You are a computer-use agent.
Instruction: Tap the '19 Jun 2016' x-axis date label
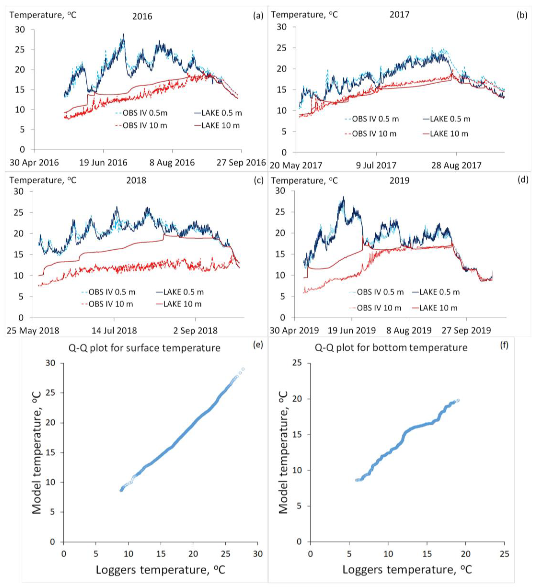(103, 162)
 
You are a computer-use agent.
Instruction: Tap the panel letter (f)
(504, 345)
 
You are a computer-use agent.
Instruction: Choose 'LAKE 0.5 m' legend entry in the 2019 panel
(439, 292)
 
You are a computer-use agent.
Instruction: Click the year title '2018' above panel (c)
(136, 181)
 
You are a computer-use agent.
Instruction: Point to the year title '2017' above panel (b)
(399, 15)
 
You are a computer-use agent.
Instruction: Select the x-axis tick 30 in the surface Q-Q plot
(258, 545)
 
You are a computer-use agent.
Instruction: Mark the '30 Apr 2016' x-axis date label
(34, 162)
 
